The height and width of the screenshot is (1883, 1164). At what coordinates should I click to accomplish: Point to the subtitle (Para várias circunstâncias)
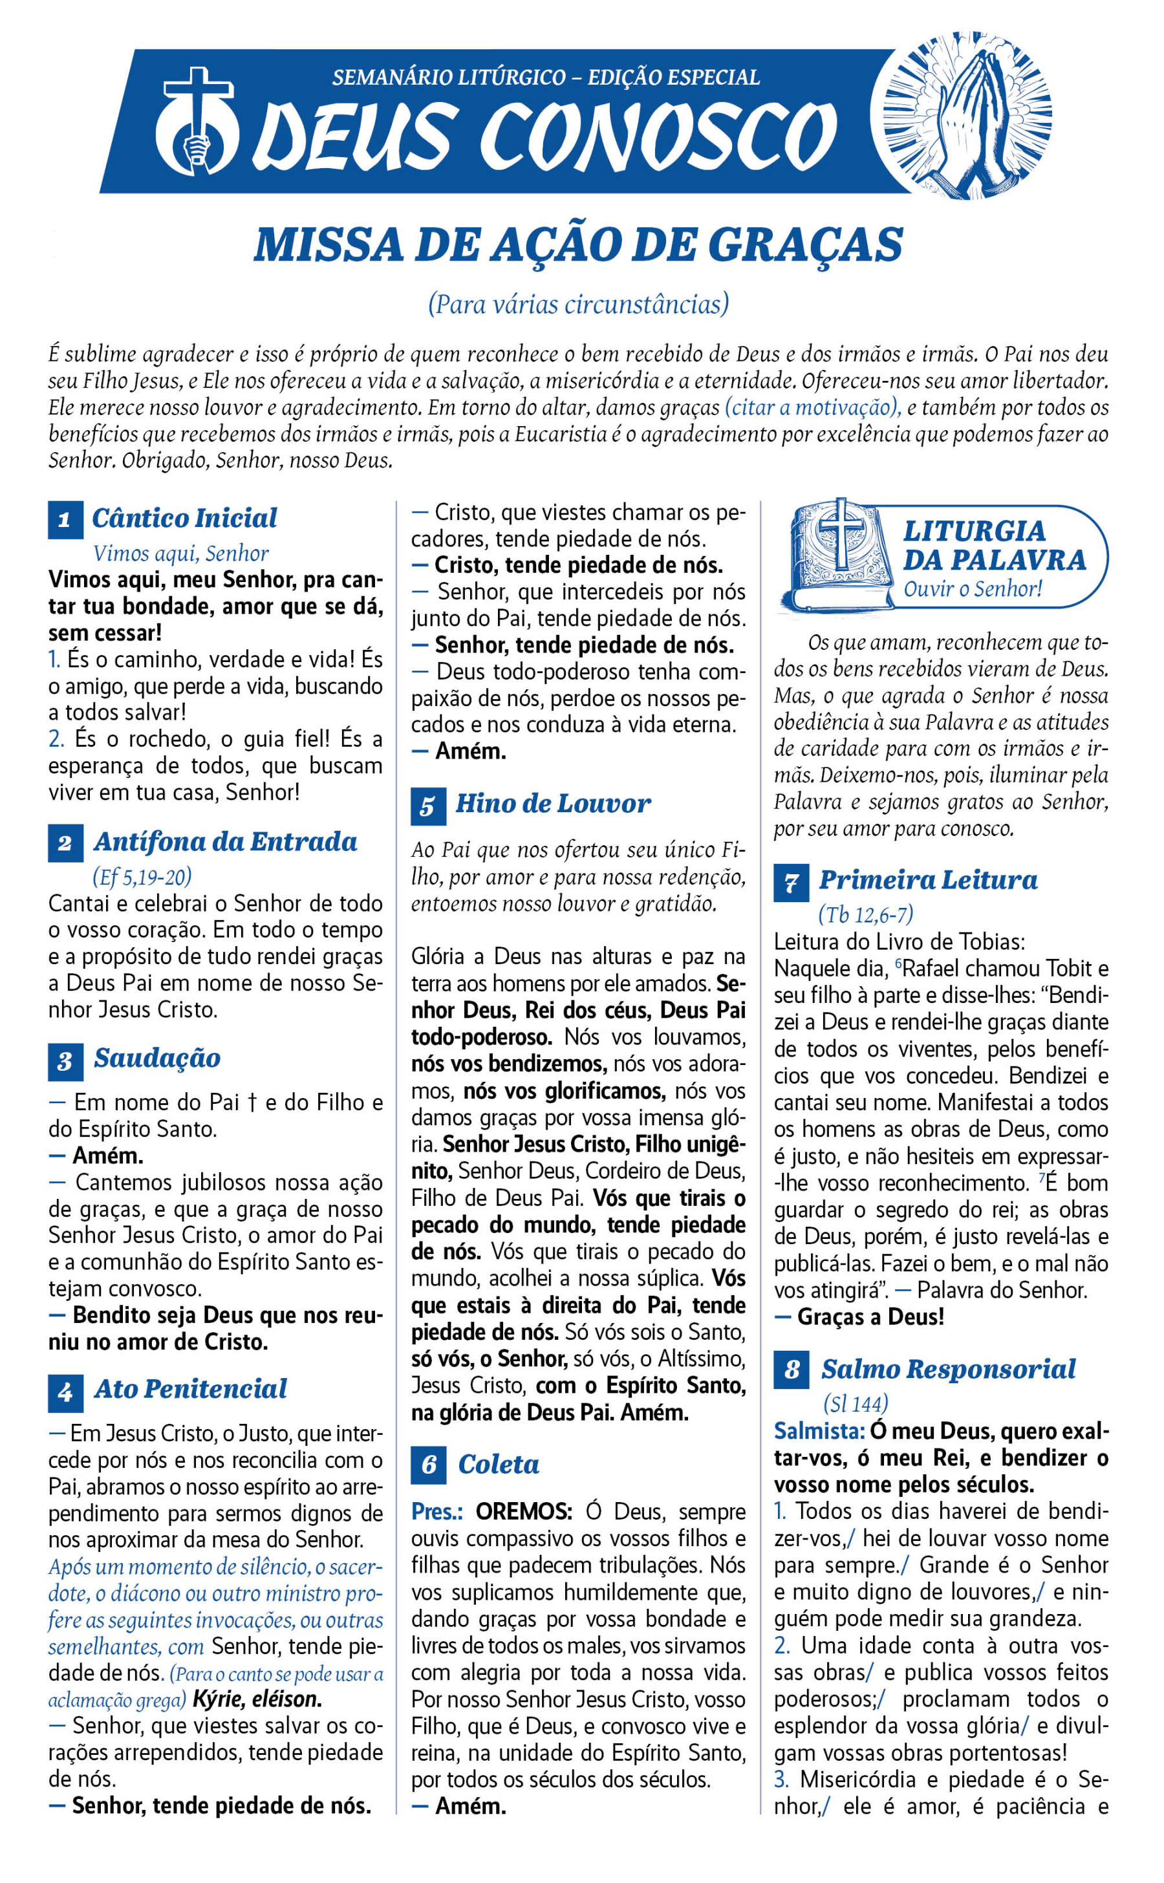[578, 304]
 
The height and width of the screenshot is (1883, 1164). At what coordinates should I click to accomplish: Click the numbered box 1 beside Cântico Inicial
[65, 520]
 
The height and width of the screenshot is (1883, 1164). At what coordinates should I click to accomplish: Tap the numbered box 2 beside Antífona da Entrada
[65, 843]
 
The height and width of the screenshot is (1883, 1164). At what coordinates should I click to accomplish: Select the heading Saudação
[157, 1058]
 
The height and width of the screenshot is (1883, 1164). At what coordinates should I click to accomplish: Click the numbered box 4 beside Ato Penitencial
[65, 1392]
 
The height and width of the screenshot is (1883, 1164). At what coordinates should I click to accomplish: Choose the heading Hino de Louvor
[553, 804]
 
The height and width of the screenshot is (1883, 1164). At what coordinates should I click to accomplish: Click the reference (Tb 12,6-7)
[865, 914]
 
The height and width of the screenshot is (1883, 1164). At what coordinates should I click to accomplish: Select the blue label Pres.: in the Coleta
[436, 1511]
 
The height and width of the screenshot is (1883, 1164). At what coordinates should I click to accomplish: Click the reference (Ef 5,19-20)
[142, 876]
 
